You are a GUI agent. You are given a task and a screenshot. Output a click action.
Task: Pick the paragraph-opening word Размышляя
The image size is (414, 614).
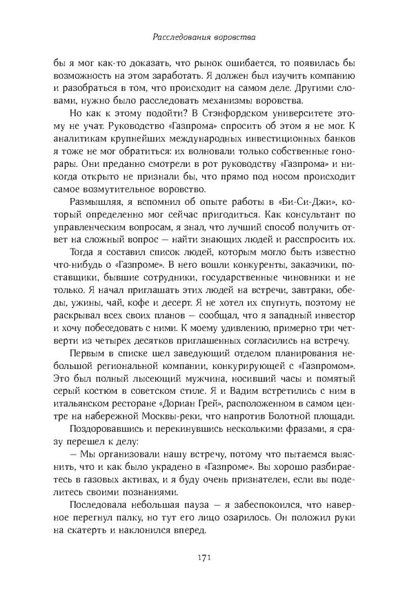coord(98,204)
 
